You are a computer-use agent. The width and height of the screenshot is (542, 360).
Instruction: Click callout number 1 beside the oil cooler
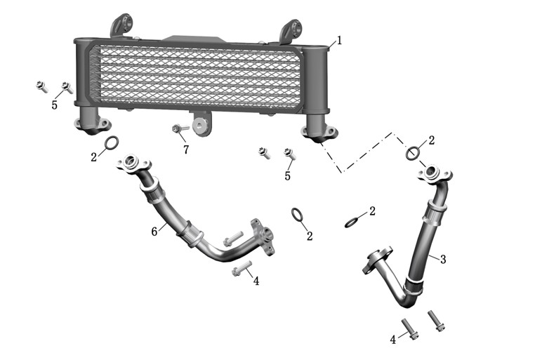(x=339, y=41)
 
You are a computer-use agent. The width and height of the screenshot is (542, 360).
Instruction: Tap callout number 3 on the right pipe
(x=443, y=259)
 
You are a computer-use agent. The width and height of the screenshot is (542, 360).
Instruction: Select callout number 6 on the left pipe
(x=154, y=232)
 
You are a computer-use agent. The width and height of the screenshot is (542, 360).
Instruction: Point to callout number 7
(x=186, y=149)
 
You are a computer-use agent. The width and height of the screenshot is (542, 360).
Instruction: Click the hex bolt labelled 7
(x=180, y=128)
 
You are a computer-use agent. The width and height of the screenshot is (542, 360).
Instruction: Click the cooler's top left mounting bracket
(x=121, y=25)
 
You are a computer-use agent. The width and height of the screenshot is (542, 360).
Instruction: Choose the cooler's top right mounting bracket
(x=291, y=31)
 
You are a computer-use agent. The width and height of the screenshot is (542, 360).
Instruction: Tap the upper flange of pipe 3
(x=435, y=173)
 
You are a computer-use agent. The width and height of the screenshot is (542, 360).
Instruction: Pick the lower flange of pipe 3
(x=376, y=260)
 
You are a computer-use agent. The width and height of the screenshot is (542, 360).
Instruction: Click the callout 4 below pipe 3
(x=392, y=340)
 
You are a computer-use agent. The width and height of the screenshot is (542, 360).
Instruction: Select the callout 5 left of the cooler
(x=54, y=105)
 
